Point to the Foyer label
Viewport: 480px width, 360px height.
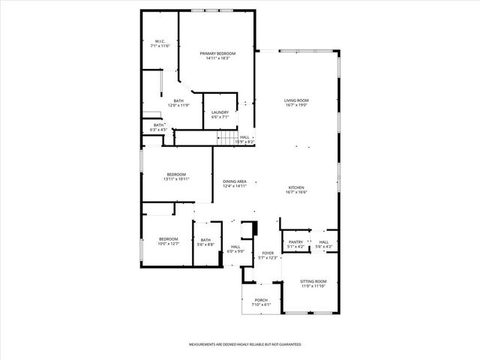tap(268, 255)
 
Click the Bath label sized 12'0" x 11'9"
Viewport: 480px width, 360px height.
tap(178, 103)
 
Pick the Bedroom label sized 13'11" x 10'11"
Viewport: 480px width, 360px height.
tap(176, 176)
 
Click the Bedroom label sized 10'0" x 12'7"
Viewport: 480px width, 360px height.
tap(168, 241)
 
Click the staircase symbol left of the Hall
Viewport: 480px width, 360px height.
tap(226, 137)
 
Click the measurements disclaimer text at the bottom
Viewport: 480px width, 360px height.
tap(245, 344)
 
